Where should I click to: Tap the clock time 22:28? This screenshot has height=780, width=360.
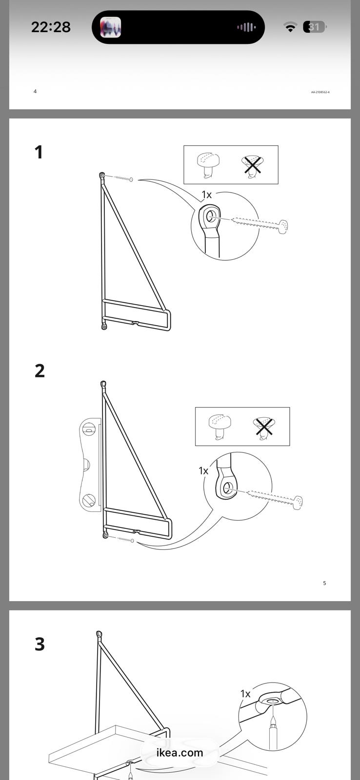point(51,27)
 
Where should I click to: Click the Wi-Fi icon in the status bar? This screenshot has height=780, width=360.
point(290,27)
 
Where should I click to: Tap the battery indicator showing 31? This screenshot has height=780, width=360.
point(314,27)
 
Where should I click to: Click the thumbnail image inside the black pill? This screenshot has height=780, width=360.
point(110,27)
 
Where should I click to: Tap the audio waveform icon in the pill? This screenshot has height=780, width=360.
point(246,27)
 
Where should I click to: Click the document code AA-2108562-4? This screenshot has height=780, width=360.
point(320,92)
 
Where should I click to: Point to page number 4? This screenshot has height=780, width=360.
point(35,91)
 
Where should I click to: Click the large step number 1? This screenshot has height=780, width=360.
point(39,152)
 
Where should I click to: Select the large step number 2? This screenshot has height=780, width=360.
point(40,370)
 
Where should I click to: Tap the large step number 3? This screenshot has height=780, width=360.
point(40,644)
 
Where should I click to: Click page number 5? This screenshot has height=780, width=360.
point(324,583)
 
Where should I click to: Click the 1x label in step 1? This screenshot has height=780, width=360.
point(207,195)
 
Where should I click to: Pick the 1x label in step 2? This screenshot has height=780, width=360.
point(203,471)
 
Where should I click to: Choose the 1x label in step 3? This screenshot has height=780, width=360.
point(245,694)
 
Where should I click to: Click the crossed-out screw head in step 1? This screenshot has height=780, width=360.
point(252,165)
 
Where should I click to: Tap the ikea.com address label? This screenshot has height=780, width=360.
point(180,753)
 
